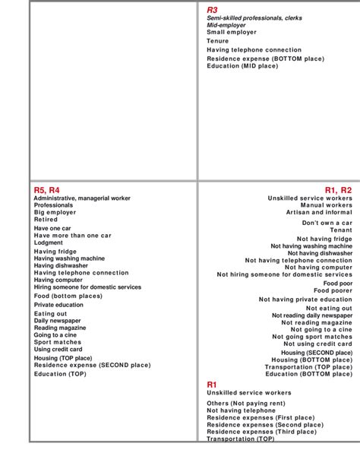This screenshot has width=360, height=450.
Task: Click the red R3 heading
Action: pos(212,9)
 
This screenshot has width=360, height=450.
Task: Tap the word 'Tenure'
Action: pos(217,41)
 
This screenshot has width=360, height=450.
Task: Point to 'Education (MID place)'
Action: pos(242,66)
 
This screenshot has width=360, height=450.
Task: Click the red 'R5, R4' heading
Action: pos(46,190)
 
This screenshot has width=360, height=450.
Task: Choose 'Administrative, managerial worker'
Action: pos(82,198)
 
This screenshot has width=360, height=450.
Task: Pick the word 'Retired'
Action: pos(46,220)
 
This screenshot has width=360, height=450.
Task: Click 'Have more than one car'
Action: pos(72,236)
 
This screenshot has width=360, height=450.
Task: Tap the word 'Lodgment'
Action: pos(49,243)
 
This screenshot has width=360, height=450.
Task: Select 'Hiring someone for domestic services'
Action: pos(87,287)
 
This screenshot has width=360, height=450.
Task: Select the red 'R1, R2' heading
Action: pos(338,190)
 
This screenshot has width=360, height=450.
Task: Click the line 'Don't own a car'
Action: pos(327,223)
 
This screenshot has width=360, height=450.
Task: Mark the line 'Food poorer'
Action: pos(333,290)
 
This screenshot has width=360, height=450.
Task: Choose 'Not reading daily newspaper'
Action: pos(311,315)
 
